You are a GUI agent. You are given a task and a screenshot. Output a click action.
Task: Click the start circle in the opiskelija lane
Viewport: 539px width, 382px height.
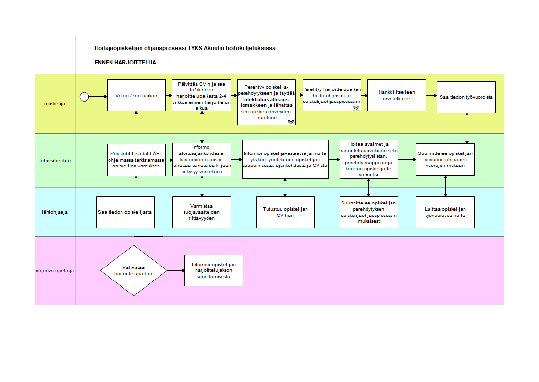[x=85, y=97]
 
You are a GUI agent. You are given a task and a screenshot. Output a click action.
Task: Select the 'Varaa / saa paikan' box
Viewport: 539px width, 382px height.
[x=136, y=95]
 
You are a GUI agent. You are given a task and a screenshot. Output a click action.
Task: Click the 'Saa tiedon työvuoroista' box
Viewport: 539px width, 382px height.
[x=466, y=97]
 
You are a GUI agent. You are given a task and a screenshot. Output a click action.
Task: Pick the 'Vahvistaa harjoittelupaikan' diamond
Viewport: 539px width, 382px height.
[x=134, y=270]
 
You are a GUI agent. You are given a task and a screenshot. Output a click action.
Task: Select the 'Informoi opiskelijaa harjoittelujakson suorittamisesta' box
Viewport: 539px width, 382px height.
[x=214, y=270]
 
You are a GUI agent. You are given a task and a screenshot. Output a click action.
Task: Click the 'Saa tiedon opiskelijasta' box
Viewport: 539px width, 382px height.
[x=125, y=212]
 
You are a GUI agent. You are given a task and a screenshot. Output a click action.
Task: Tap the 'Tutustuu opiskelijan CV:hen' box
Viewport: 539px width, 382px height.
[x=285, y=212]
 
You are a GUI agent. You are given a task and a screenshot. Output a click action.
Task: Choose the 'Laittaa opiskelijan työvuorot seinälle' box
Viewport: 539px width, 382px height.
[x=445, y=212]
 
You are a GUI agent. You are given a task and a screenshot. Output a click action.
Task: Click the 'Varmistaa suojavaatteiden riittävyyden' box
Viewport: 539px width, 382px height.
[x=202, y=212]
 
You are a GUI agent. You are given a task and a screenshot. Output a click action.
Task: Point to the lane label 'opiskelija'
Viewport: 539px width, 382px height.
[x=55, y=104]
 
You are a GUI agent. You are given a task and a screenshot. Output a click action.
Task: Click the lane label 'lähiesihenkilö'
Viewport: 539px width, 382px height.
[x=55, y=161]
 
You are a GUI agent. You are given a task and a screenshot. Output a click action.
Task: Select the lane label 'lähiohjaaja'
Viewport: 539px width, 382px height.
[x=55, y=212]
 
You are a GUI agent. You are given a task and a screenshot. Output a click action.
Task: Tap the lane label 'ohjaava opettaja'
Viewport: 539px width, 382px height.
[x=55, y=270]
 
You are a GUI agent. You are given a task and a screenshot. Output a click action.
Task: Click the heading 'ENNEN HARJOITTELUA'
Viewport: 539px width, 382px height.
[x=125, y=63]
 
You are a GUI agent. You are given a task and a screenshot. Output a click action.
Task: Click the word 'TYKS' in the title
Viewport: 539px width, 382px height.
[x=195, y=48]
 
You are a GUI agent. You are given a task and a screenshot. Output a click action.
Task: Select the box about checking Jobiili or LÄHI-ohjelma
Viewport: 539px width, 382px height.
[x=136, y=159]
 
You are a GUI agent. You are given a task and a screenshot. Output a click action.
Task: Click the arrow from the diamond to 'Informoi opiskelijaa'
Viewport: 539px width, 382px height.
[x=176, y=270]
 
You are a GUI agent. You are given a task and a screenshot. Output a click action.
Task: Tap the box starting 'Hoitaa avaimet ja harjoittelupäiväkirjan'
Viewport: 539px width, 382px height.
[x=369, y=159]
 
